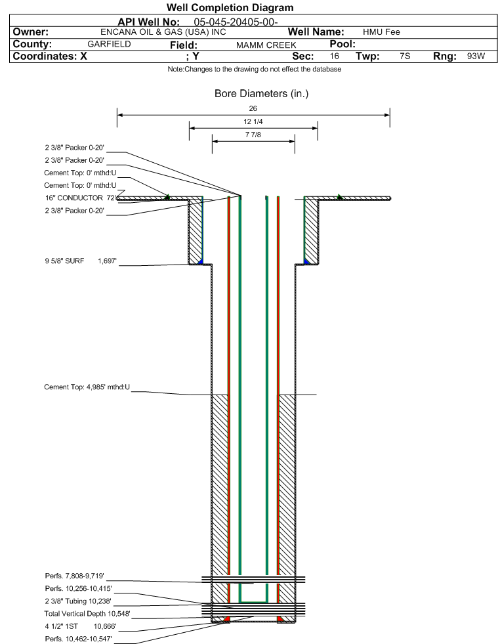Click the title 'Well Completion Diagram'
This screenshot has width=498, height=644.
click(230, 8)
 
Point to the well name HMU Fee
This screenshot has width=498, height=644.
click(381, 32)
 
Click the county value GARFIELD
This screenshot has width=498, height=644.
click(109, 44)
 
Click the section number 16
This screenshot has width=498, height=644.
click(335, 56)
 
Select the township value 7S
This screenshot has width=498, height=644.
click(405, 56)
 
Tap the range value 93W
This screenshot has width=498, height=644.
click(476, 56)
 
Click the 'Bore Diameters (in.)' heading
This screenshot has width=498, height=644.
click(261, 94)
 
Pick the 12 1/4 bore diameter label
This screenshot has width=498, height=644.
click(253, 122)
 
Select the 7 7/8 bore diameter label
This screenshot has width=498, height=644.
click(253, 136)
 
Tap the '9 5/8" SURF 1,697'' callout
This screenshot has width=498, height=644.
click(80, 261)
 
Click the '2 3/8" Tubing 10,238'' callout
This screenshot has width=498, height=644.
click(79, 601)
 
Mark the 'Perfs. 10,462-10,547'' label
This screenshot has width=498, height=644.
click(79, 638)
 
